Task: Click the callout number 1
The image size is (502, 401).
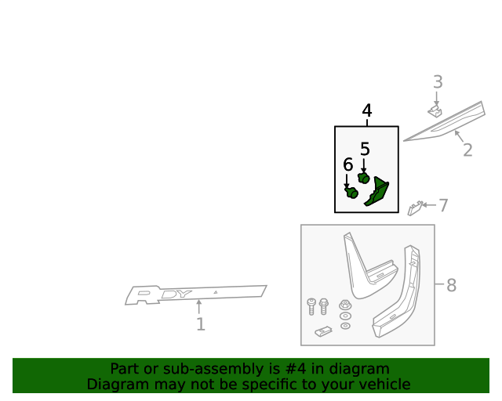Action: tap(201, 323)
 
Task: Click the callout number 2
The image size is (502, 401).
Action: tap(467, 150)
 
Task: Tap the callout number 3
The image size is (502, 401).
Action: tap(438, 81)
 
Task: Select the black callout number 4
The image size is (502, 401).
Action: tap(367, 111)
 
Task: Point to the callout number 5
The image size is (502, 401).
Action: tap(365, 149)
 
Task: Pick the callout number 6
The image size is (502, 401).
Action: tap(348, 164)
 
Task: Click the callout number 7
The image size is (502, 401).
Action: tap(443, 205)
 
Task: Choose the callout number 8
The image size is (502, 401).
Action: tap(451, 285)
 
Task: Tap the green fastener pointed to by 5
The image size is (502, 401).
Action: tap(364, 179)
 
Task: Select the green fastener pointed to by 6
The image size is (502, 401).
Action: tap(351, 193)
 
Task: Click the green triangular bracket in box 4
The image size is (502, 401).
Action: tap(378, 191)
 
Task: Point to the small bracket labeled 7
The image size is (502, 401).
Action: tap(415, 208)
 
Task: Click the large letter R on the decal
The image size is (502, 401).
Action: tap(144, 296)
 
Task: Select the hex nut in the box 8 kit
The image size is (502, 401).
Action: tap(345, 305)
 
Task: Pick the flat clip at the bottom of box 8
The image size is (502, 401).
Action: tap(322, 332)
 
